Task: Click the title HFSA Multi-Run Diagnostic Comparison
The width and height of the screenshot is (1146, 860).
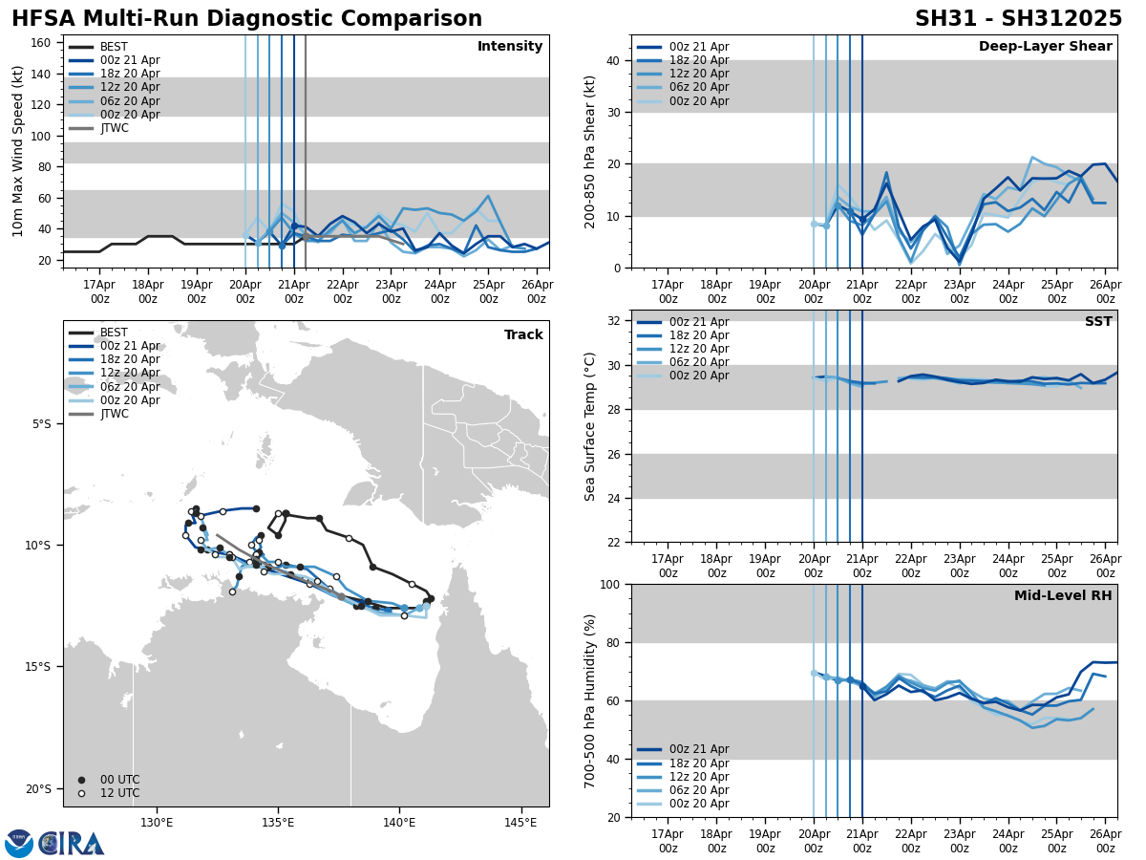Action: pyautogui.click(x=246, y=19)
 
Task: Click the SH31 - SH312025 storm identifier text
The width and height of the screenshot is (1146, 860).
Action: pyautogui.click(x=1018, y=19)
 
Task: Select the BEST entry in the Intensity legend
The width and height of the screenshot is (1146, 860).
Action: pyautogui.click(x=113, y=47)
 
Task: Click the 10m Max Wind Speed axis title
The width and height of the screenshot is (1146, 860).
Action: pyautogui.click(x=17, y=151)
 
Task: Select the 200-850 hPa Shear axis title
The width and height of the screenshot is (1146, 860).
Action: pyautogui.click(x=590, y=151)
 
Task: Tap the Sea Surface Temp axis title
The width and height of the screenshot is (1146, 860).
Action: pyautogui.click(x=590, y=426)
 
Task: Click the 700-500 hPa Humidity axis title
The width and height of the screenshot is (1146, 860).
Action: pyautogui.click(x=590, y=700)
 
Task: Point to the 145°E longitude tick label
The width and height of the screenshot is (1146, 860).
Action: pyautogui.click(x=520, y=822)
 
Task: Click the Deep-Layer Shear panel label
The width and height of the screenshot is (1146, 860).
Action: pyautogui.click(x=1045, y=47)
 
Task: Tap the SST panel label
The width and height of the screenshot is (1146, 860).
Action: pyautogui.click(x=1098, y=322)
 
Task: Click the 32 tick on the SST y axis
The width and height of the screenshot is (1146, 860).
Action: pyautogui.click(x=613, y=321)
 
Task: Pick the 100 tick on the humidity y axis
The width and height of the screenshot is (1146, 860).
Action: pyautogui.click(x=609, y=584)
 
